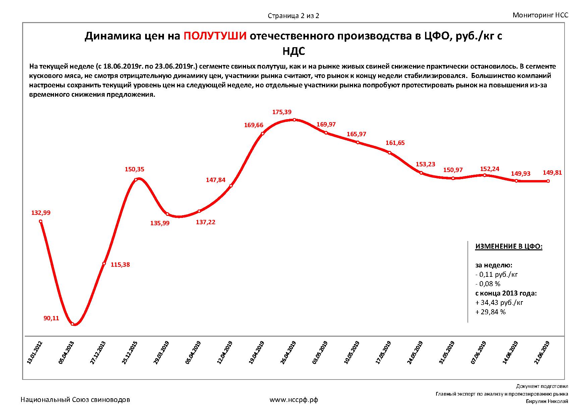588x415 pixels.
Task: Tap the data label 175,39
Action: click(x=282, y=112)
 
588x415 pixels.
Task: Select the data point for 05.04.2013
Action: click(x=72, y=324)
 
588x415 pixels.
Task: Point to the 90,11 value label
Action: click(x=51, y=318)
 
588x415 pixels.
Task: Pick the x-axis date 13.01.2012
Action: click(x=35, y=353)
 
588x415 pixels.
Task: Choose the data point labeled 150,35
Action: click(x=136, y=180)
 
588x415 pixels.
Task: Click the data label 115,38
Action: click(x=120, y=265)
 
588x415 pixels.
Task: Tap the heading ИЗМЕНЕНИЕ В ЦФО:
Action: click(x=509, y=247)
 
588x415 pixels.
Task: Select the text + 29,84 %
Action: click(x=490, y=312)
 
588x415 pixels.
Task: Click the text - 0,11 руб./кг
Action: click(x=497, y=275)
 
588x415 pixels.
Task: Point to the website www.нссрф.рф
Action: click(x=294, y=400)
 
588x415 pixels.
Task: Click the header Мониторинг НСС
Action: click(x=540, y=15)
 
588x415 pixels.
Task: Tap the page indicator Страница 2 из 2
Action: click(x=293, y=16)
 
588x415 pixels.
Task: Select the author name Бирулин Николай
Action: click(x=547, y=402)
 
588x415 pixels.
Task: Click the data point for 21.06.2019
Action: click(x=548, y=181)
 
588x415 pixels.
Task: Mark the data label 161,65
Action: click(x=395, y=143)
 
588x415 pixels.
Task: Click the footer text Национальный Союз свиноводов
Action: click(x=75, y=400)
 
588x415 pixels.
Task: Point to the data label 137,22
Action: click(x=205, y=222)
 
